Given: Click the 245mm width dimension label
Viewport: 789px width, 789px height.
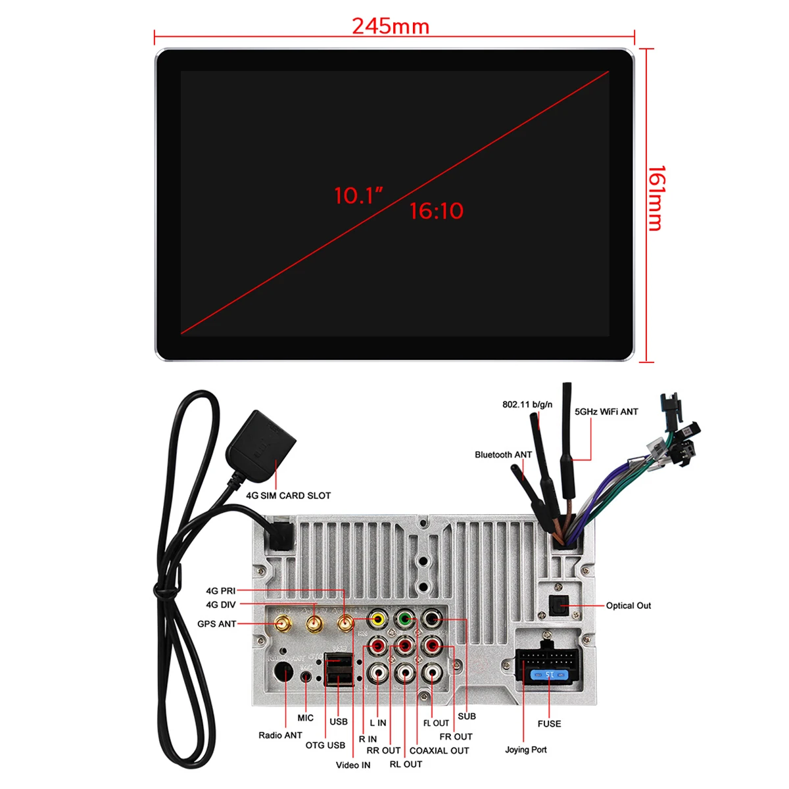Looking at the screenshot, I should click(x=391, y=26).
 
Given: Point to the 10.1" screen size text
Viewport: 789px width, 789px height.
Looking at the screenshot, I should click(x=358, y=195).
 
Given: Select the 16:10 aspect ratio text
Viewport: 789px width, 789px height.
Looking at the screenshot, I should click(x=437, y=211).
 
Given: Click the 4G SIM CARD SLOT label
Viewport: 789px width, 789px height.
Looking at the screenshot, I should click(x=288, y=496).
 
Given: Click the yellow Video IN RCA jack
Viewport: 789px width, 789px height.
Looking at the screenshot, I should click(x=377, y=619).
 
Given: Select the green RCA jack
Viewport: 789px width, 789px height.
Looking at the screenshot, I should click(x=404, y=619).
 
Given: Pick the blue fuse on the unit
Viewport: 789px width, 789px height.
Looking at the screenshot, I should click(x=549, y=675).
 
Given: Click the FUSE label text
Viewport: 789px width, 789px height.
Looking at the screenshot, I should click(x=549, y=724).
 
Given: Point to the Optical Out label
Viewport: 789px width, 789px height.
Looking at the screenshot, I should click(x=628, y=606).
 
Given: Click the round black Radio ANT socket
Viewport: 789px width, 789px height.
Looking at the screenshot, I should click(x=283, y=672).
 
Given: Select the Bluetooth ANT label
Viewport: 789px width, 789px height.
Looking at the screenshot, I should click(x=503, y=455).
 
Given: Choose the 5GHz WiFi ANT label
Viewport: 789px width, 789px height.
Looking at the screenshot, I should click(x=606, y=412).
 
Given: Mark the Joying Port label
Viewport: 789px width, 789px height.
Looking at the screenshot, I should click(x=525, y=750).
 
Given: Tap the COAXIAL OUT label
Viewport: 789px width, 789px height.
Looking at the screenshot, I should click(x=439, y=751).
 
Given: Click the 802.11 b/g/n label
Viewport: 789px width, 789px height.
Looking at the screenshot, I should click(x=527, y=404).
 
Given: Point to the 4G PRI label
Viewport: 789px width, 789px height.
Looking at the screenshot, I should click(x=220, y=591).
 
